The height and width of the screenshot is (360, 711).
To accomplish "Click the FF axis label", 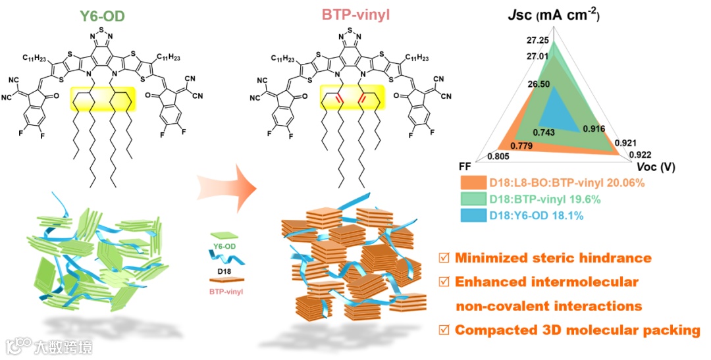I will click(466, 166).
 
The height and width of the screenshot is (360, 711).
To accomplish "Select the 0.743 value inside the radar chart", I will click(549, 132).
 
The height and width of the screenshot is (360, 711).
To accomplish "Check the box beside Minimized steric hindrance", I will click(443, 257).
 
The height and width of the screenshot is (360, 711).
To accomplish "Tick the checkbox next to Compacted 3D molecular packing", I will click(443, 330).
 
